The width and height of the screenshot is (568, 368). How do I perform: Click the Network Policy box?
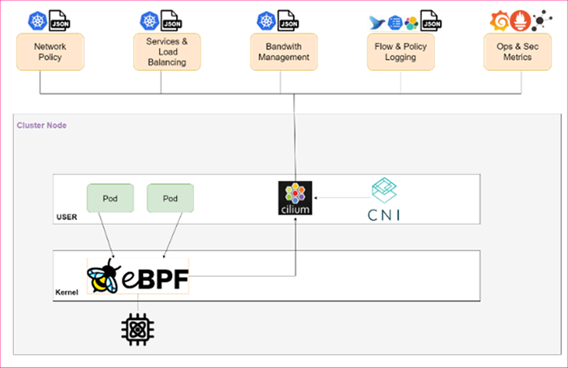pos(49,52)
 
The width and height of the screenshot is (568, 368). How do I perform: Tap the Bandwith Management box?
pos(284,52)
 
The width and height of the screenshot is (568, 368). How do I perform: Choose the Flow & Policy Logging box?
pos(400,52)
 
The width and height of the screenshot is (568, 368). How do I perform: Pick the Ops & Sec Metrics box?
pos(514,52)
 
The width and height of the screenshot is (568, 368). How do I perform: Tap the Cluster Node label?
pos(41,125)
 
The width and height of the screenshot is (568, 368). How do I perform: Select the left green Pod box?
pos(110,198)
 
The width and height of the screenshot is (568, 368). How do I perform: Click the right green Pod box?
pos(170,198)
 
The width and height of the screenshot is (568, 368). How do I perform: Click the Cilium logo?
pos(295,198)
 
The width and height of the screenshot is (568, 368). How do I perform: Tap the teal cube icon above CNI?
pos(385,190)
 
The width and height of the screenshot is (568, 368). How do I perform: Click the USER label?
pos(67,217)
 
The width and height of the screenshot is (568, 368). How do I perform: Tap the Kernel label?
pos(67,292)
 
